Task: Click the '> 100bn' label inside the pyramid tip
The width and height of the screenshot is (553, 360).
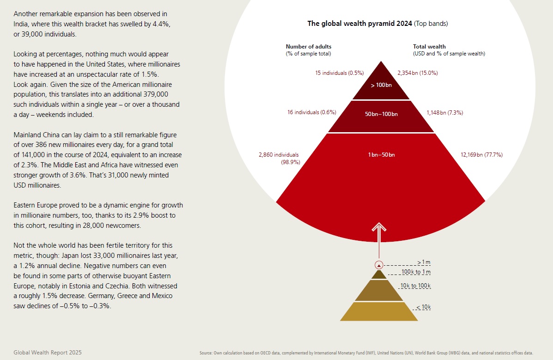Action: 381,86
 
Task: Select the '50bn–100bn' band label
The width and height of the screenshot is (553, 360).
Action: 381,114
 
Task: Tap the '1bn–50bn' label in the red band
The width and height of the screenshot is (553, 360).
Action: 381,154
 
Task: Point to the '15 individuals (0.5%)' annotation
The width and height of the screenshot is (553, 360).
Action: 340,73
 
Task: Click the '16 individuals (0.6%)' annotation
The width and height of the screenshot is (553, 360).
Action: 311,112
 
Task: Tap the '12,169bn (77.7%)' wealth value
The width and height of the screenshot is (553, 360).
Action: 481,154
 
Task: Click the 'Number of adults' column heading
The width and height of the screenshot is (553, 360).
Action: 309,46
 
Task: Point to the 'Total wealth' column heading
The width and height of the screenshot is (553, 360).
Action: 429,46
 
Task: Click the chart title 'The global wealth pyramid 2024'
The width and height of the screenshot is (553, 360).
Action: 359,23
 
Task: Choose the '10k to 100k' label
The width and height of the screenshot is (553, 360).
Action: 416,286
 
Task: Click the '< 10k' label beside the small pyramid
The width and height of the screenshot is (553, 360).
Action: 423,307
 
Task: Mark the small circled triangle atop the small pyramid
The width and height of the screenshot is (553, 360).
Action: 379,265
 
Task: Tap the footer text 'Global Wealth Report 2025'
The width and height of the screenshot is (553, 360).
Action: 48,352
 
